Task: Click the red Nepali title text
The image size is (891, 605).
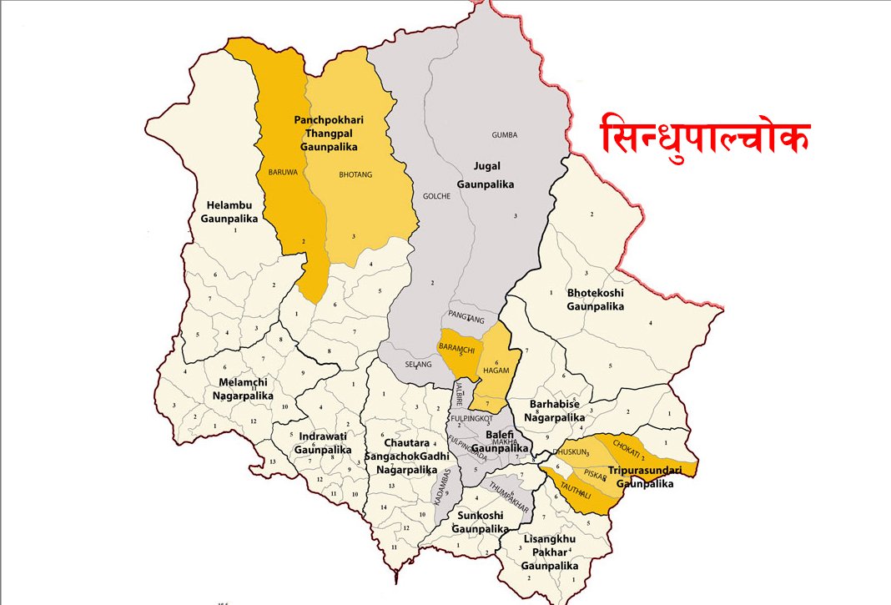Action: [705, 136]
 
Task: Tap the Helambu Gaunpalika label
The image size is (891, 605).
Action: [229, 211]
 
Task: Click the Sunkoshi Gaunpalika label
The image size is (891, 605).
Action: [480, 522]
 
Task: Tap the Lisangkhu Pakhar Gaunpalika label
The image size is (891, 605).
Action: [548, 552]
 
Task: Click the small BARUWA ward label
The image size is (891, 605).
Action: [283, 173]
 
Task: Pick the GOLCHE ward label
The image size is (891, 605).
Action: [436, 196]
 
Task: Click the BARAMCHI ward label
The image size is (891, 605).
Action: [456, 346]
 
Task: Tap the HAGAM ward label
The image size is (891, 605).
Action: [496, 370]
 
